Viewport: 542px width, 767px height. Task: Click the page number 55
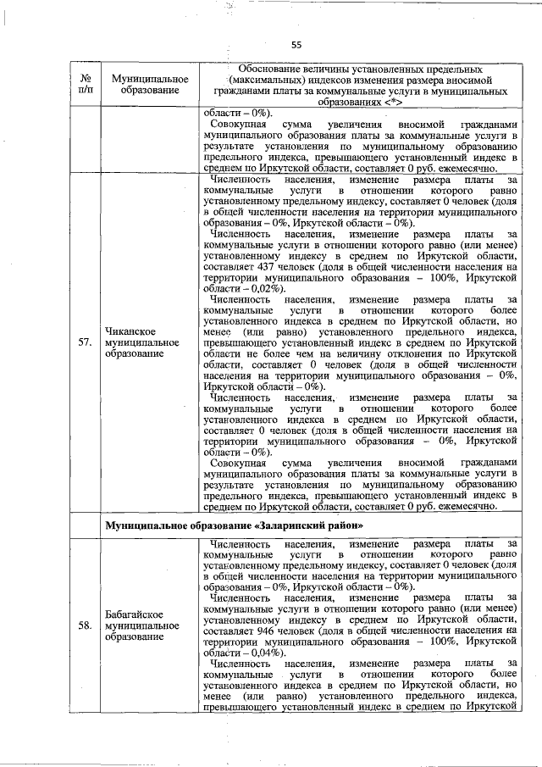coord(296,45)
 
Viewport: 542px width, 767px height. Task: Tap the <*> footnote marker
coord(391,102)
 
